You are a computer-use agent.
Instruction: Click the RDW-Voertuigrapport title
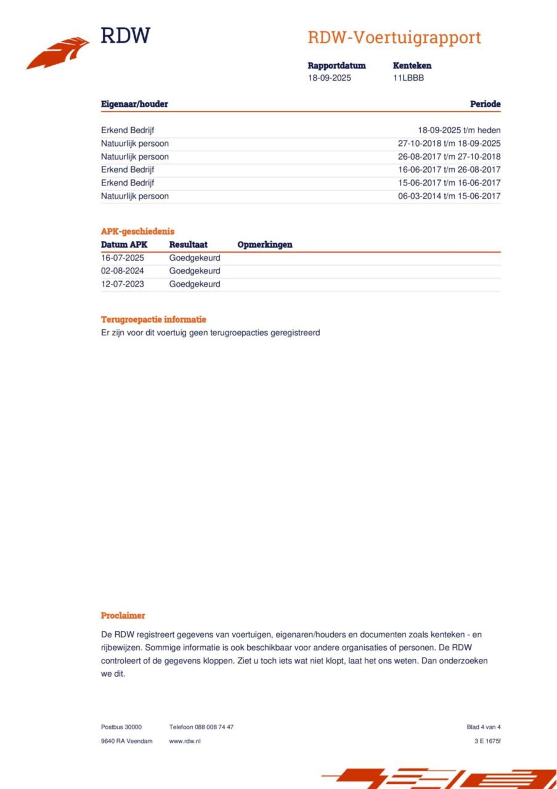click(394, 37)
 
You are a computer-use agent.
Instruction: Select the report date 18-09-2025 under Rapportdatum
click(329, 78)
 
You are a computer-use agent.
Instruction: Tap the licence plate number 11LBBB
click(408, 78)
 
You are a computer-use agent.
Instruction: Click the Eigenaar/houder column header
click(134, 104)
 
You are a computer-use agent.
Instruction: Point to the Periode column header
click(485, 104)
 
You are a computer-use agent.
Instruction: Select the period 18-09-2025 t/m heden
click(459, 130)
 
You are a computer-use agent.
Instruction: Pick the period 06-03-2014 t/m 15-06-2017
click(449, 196)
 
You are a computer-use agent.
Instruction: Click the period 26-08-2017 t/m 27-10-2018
click(449, 157)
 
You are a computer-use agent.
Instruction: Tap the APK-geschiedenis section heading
click(138, 231)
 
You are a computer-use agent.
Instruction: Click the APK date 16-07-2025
click(122, 258)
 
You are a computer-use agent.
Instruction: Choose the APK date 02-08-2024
click(122, 271)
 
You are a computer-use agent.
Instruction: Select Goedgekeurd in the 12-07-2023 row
click(195, 284)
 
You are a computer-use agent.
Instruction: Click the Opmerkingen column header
click(265, 245)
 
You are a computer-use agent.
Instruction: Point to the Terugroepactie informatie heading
click(153, 319)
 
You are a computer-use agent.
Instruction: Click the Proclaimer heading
click(123, 615)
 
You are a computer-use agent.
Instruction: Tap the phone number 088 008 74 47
click(214, 727)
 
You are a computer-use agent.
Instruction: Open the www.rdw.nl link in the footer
click(185, 741)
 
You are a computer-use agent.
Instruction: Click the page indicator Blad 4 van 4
click(483, 727)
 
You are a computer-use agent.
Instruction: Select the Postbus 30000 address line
click(121, 727)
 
